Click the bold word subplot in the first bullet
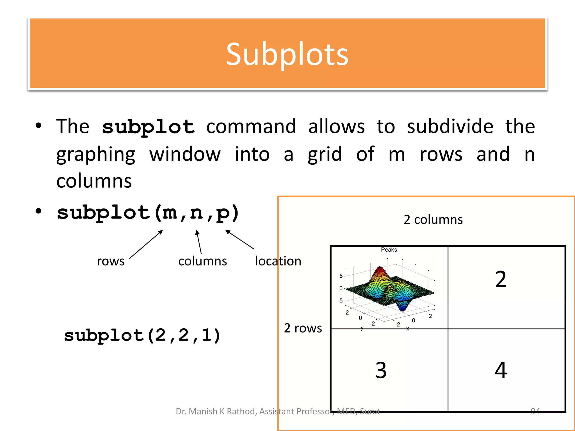point(148,127)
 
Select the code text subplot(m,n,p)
point(148,213)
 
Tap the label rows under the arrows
point(111,261)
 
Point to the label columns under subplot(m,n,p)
point(202,261)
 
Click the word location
point(278,261)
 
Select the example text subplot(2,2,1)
point(142,335)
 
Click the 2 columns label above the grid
point(433,219)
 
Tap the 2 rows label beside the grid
point(303,328)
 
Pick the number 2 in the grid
point(501,279)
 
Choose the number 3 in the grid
point(381,370)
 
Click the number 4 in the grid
point(501,370)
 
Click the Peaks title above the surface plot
point(389,250)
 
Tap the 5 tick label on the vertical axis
point(341,276)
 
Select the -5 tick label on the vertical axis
point(340,301)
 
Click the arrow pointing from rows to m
point(146,244)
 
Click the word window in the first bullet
point(185,154)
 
